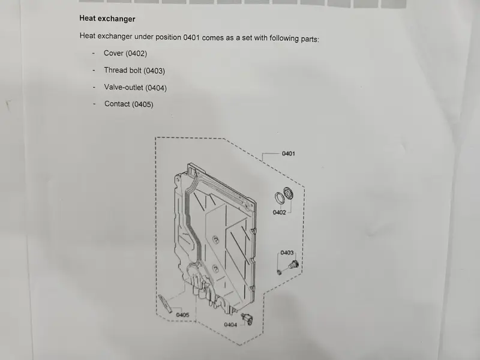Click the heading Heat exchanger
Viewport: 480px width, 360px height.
(107, 19)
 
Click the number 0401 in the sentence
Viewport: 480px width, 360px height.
(191, 37)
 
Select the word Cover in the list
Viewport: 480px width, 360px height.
(113, 53)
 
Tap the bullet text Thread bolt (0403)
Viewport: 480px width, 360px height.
(134, 70)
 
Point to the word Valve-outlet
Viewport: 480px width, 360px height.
(124, 87)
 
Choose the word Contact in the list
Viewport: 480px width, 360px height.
(117, 104)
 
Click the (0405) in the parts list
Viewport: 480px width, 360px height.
(143, 104)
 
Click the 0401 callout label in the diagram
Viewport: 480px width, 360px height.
(289, 154)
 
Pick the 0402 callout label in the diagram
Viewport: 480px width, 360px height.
(279, 212)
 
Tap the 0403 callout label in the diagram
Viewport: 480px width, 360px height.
(287, 253)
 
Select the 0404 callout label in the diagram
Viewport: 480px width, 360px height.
(230, 325)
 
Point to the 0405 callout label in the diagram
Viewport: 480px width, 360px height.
(182, 314)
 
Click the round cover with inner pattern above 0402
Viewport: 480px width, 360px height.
(288, 194)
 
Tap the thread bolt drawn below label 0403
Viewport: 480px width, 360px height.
(293, 265)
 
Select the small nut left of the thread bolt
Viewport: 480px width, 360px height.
(279, 272)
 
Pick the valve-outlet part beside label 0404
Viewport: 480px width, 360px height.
(247, 319)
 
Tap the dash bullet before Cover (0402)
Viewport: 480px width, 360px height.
(94, 53)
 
